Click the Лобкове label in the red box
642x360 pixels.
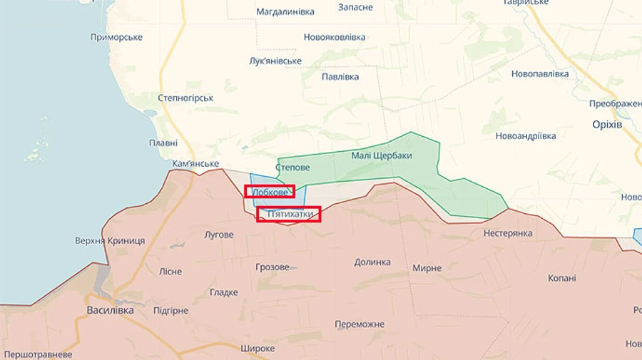click(270, 192)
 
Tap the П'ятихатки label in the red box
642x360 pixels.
click(289, 213)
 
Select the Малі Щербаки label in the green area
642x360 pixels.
click(382, 155)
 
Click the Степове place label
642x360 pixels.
click(292, 168)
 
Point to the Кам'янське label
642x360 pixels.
click(195, 163)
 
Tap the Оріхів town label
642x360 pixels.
click(607, 124)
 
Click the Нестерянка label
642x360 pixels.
click(508, 233)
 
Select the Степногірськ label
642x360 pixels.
click(185, 97)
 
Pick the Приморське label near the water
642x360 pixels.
click(116, 37)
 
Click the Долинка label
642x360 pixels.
click(372, 262)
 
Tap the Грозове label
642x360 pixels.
click(272, 267)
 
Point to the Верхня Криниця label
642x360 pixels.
click(110, 240)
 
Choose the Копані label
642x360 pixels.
click(561, 277)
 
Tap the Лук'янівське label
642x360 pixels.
click(275, 61)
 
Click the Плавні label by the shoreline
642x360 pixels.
click(163, 143)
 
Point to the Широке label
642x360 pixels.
click(258, 348)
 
